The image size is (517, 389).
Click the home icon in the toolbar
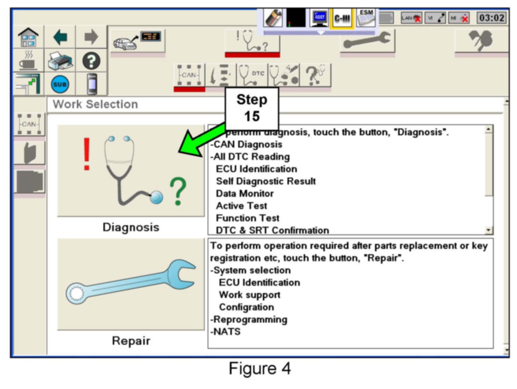[x=28, y=37]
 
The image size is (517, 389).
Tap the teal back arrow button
[x=60, y=37]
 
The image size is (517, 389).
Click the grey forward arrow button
[x=91, y=37]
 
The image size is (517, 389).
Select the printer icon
[x=60, y=61]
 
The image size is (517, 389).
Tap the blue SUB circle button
[x=60, y=84]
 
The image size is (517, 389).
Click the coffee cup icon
[x=28, y=61]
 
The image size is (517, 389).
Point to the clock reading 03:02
[x=492, y=18]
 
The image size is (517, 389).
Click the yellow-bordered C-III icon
[x=342, y=18]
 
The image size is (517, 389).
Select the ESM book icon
[x=366, y=18]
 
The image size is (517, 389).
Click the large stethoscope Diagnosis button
[x=131, y=171]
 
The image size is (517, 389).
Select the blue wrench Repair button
[x=131, y=284]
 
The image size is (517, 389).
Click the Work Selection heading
[x=95, y=104]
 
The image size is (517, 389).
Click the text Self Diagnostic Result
[x=266, y=181]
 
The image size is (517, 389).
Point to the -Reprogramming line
[x=249, y=320]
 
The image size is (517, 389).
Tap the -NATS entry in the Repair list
[x=226, y=332]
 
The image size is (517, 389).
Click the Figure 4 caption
[x=260, y=369]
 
